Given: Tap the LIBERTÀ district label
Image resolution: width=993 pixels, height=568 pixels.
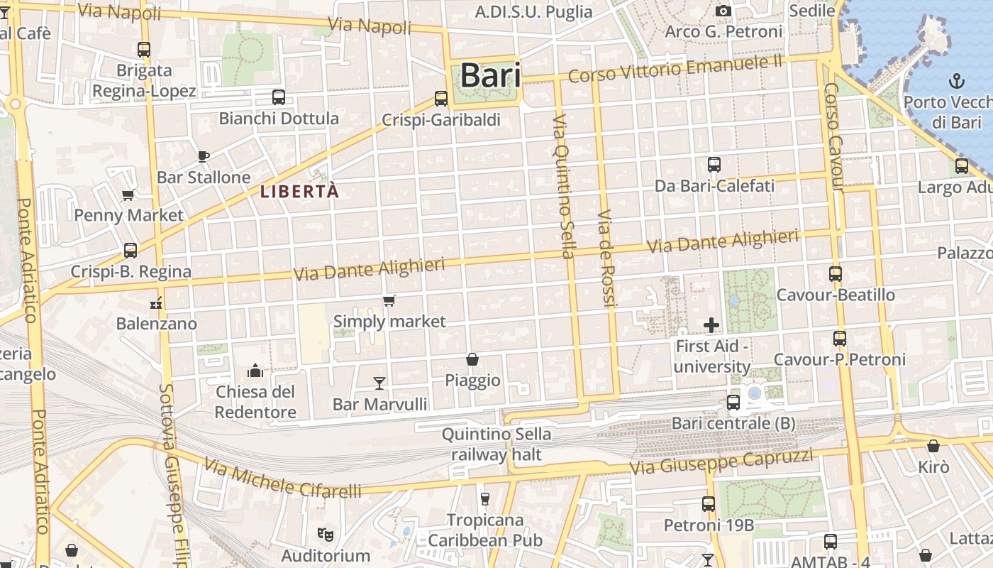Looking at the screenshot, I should (x=299, y=192).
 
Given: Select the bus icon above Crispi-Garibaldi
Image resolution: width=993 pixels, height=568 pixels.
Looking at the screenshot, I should (x=441, y=99).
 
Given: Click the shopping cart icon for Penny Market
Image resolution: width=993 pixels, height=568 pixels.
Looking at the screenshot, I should (x=128, y=195).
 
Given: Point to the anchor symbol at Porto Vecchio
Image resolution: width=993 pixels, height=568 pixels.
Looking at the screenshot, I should (x=957, y=80).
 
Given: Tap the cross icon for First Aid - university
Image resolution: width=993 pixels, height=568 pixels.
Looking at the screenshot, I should (x=711, y=325).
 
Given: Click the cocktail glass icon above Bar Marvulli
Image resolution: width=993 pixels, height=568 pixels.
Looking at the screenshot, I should (x=380, y=383).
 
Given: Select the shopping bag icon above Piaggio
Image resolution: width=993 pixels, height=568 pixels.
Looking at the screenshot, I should (x=472, y=360).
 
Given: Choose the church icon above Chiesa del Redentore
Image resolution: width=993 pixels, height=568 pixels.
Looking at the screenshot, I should (x=255, y=371).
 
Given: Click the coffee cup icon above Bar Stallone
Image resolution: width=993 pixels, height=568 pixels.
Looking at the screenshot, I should (x=204, y=156).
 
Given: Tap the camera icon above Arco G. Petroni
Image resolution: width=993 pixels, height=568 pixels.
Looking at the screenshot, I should (x=723, y=11).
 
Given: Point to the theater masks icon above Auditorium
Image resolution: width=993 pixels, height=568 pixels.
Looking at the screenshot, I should (x=326, y=533).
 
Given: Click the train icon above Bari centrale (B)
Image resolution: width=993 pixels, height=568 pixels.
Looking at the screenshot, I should (x=733, y=403).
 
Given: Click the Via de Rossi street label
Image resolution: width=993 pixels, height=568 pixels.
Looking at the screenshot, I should (x=605, y=258).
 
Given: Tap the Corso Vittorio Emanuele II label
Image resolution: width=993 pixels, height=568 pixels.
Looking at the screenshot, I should (x=675, y=70).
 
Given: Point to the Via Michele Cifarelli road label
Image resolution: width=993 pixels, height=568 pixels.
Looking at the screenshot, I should (x=282, y=478).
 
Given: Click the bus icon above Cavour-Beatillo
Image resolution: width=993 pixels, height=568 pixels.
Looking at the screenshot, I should (x=836, y=274).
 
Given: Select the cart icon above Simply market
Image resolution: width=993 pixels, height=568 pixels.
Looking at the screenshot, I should (x=389, y=301).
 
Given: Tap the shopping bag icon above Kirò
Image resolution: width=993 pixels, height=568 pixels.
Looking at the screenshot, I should (x=933, y=446).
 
